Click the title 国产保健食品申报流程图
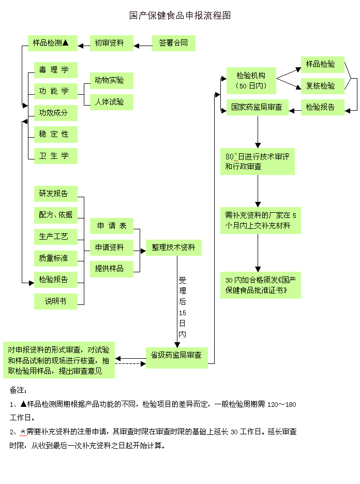tap(179, 16)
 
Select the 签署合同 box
tap(173, 43)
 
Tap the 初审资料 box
tap(111, 43)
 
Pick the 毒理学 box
tap(55, 70)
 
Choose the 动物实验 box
tap(111, 80)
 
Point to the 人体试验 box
tap(111, 102)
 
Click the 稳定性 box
tap(55, 134)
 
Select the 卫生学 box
tap(55, 156)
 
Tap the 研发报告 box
tap(55, 194)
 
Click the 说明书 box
tap(55, 301)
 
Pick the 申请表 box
tap(111, 226)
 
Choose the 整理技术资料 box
tap(173, 247)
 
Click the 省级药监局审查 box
tap(176, 356)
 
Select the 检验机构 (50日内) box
tap(251, 80)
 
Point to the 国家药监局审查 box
tap(257, 107)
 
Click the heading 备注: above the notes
tap(19, 390)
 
